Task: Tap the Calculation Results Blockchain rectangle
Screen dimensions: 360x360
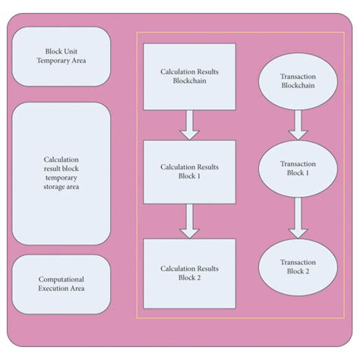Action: pyautogui.click(x=189, y=77)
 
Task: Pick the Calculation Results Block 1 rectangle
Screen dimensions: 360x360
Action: pyautogui.click(x=189, y=171)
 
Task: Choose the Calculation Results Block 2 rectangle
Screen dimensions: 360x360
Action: pyautogui.click(x=189, y=273)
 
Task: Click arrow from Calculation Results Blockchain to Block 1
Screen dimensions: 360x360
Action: pyautogui.click(x=189, y=125)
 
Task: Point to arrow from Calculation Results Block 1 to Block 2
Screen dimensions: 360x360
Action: pyautogui.click(x=189, y=221)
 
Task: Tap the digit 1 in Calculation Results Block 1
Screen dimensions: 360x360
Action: pyautogui.click(x=201, y=176)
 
